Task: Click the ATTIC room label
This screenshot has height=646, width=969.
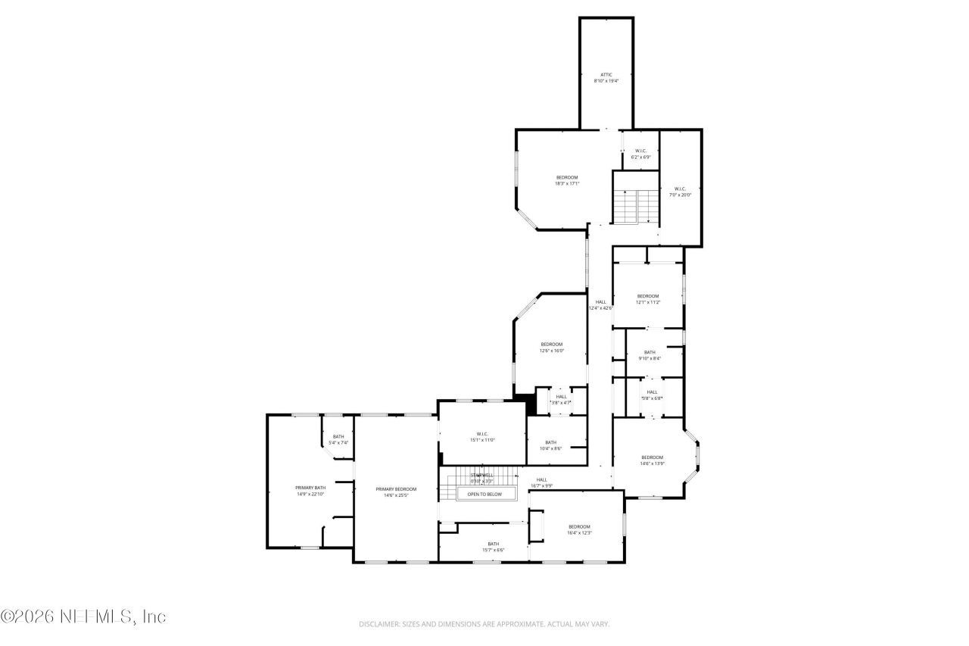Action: tap(606, 77)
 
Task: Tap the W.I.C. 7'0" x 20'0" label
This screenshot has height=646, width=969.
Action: tap(679, 192)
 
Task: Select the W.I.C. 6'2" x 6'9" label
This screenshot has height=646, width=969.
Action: tap(640, 154)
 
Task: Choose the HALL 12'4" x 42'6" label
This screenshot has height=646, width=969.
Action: tap(600, 304)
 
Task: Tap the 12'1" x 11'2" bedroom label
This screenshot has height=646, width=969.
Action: tap(648, 298)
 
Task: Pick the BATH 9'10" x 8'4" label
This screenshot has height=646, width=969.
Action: tap(650, 355)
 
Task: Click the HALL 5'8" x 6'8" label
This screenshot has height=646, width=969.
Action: tap(652, 395)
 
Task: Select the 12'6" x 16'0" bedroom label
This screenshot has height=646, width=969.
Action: tap(551, 348)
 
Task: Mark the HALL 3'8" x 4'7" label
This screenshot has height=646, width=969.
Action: tap(561, 399)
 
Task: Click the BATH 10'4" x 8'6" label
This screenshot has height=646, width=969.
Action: tap(550, 445)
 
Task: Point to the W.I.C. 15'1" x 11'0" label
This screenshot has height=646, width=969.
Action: tap(481, 437)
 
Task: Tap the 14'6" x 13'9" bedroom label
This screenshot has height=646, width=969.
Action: tap(652, 460)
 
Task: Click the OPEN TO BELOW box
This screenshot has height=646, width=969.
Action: tap(484, 494)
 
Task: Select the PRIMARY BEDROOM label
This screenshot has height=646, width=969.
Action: tap(396, 492)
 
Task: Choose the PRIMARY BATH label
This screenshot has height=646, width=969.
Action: tap(310, 491)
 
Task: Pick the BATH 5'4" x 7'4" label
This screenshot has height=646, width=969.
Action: tap(338, 439)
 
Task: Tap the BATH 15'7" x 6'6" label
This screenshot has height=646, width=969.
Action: tap(493, 547)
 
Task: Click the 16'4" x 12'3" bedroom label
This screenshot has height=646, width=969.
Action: tap(579, 529)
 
